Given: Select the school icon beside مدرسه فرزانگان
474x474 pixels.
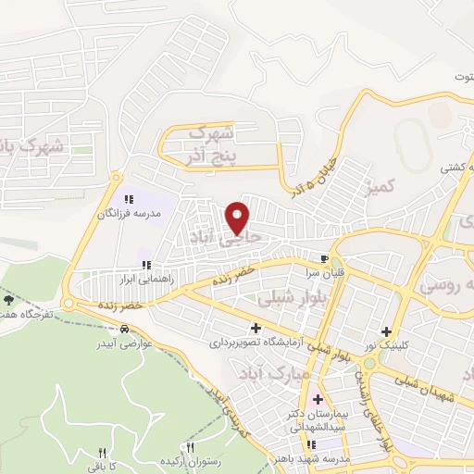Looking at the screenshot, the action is (x=130, y=197).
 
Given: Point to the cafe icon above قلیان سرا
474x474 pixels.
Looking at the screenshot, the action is (x=323, y=259).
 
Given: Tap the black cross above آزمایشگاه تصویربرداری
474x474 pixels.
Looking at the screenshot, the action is (x=256, y=328).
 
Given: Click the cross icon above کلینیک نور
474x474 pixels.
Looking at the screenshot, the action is (x=386, y=331).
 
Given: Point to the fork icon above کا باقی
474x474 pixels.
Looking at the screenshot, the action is (x=103, y=453).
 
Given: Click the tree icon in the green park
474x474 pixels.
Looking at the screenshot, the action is (x=9, y=299).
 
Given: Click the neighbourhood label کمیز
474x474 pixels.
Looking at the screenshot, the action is (x=380, y=188).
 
